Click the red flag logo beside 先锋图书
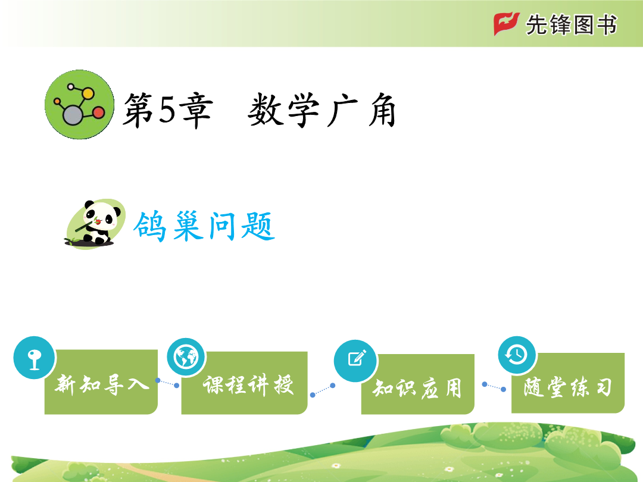[x=507, y=24]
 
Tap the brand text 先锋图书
[x=571, y=24]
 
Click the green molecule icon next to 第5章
[x=79, y=105]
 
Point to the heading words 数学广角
[x=322, y=110]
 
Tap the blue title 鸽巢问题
[x=204, y=226]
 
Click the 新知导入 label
[x=102, y=384]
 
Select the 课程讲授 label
[x=248, y=385]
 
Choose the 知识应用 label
[x=417, y=388]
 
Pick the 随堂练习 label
[x=568, y=387]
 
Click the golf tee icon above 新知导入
[x=34, y=358]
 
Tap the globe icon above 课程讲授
[x=186, y=357]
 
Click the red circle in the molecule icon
[x=98, y=112]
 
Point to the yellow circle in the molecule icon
[x=88, y=93]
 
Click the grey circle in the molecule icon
[x=73, y=115]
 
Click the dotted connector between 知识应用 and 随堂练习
[x=494, y=387]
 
